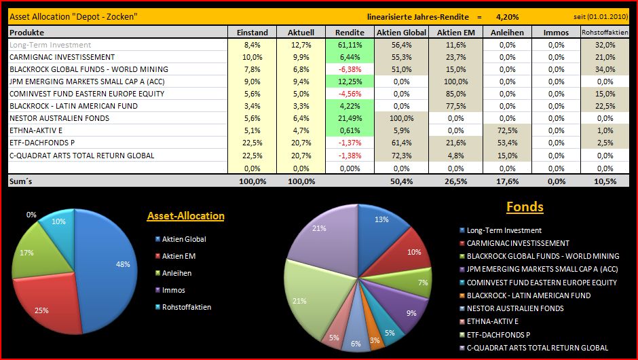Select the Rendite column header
click(350, 32)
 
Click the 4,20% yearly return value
click(507, 16)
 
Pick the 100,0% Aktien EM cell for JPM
click(455, 82)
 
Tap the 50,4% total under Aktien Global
click(402, 181)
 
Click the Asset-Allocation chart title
click(185, 216)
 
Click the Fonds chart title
click(525, 206)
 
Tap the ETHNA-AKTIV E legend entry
click(492, 321)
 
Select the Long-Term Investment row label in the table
click(50, 45)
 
